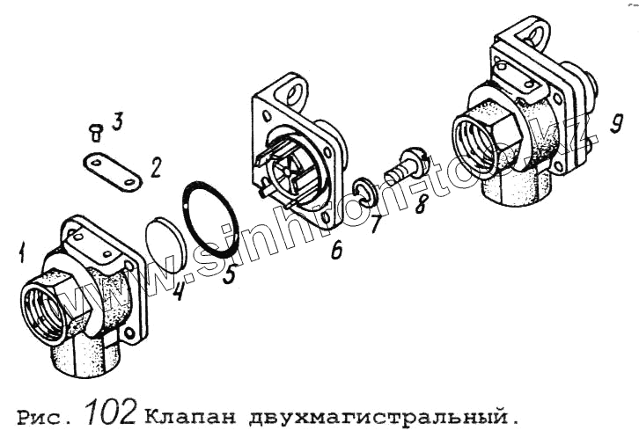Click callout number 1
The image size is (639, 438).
tap(22, 252)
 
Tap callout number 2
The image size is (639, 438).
tap(156, 167)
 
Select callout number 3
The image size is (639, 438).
tap(117, 121)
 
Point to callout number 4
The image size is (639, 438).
tap(178, 290)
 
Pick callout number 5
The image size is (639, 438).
tap(230, 274)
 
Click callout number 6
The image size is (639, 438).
tap(336, 250)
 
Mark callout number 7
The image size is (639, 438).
tap(375, 223)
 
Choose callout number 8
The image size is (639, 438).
tap(422, 203)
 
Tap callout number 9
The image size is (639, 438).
tap(616, 122)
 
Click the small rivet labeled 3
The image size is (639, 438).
tap(95, 132)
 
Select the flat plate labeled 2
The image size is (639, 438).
tap(112, 172)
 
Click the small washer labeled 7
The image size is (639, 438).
tap(364, 191)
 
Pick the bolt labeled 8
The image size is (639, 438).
tap(407, 166)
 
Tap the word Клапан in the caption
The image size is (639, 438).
tap(190, 416)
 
